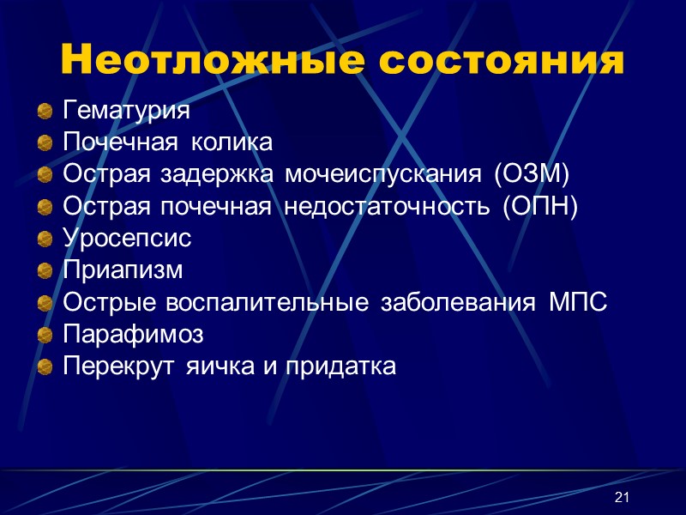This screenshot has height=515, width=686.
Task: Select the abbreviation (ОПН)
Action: point(541,207)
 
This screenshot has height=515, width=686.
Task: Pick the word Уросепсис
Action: point(127,239)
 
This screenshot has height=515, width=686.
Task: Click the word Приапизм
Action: point(123,270)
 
